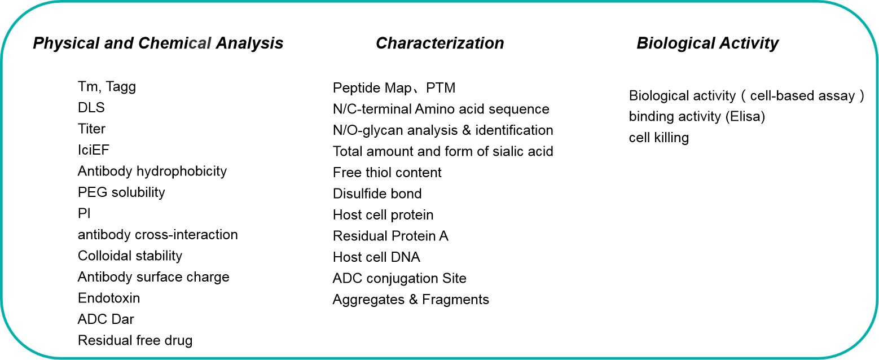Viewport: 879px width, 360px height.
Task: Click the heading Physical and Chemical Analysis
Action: tap(158, 43)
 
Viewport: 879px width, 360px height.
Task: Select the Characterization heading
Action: tap(440, 43)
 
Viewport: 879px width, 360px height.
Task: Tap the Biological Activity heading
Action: tap(707, 43)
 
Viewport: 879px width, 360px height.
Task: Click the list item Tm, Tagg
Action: tap(107, 87)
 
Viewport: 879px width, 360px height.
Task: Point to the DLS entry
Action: tap(91, 108)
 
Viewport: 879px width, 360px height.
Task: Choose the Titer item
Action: tap(91, 129)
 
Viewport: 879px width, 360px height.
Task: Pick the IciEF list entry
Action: tap(94, 150)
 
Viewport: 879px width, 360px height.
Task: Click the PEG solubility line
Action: tap(121, 192)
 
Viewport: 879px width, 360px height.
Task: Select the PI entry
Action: tap(84, 213)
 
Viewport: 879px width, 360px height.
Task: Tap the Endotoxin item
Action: tap(109, 298)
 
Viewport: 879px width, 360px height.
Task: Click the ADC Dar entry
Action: tap(106, 319)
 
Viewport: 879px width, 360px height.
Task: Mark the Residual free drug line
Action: tap(135, 340)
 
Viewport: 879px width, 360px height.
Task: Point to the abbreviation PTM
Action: tap(441, 88)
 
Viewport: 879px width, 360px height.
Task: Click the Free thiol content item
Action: tap(387, 173)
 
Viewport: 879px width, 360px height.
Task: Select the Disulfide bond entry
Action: tap(377, 194)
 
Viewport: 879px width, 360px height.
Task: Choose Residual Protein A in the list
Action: tap(390, 236)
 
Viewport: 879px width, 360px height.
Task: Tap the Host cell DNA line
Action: tap(376, 257)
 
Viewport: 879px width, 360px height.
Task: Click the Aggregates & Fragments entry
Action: tap(411, 300)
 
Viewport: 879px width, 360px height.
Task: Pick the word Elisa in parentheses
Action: tap(745, 117)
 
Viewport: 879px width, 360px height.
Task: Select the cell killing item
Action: tap(659, 138)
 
